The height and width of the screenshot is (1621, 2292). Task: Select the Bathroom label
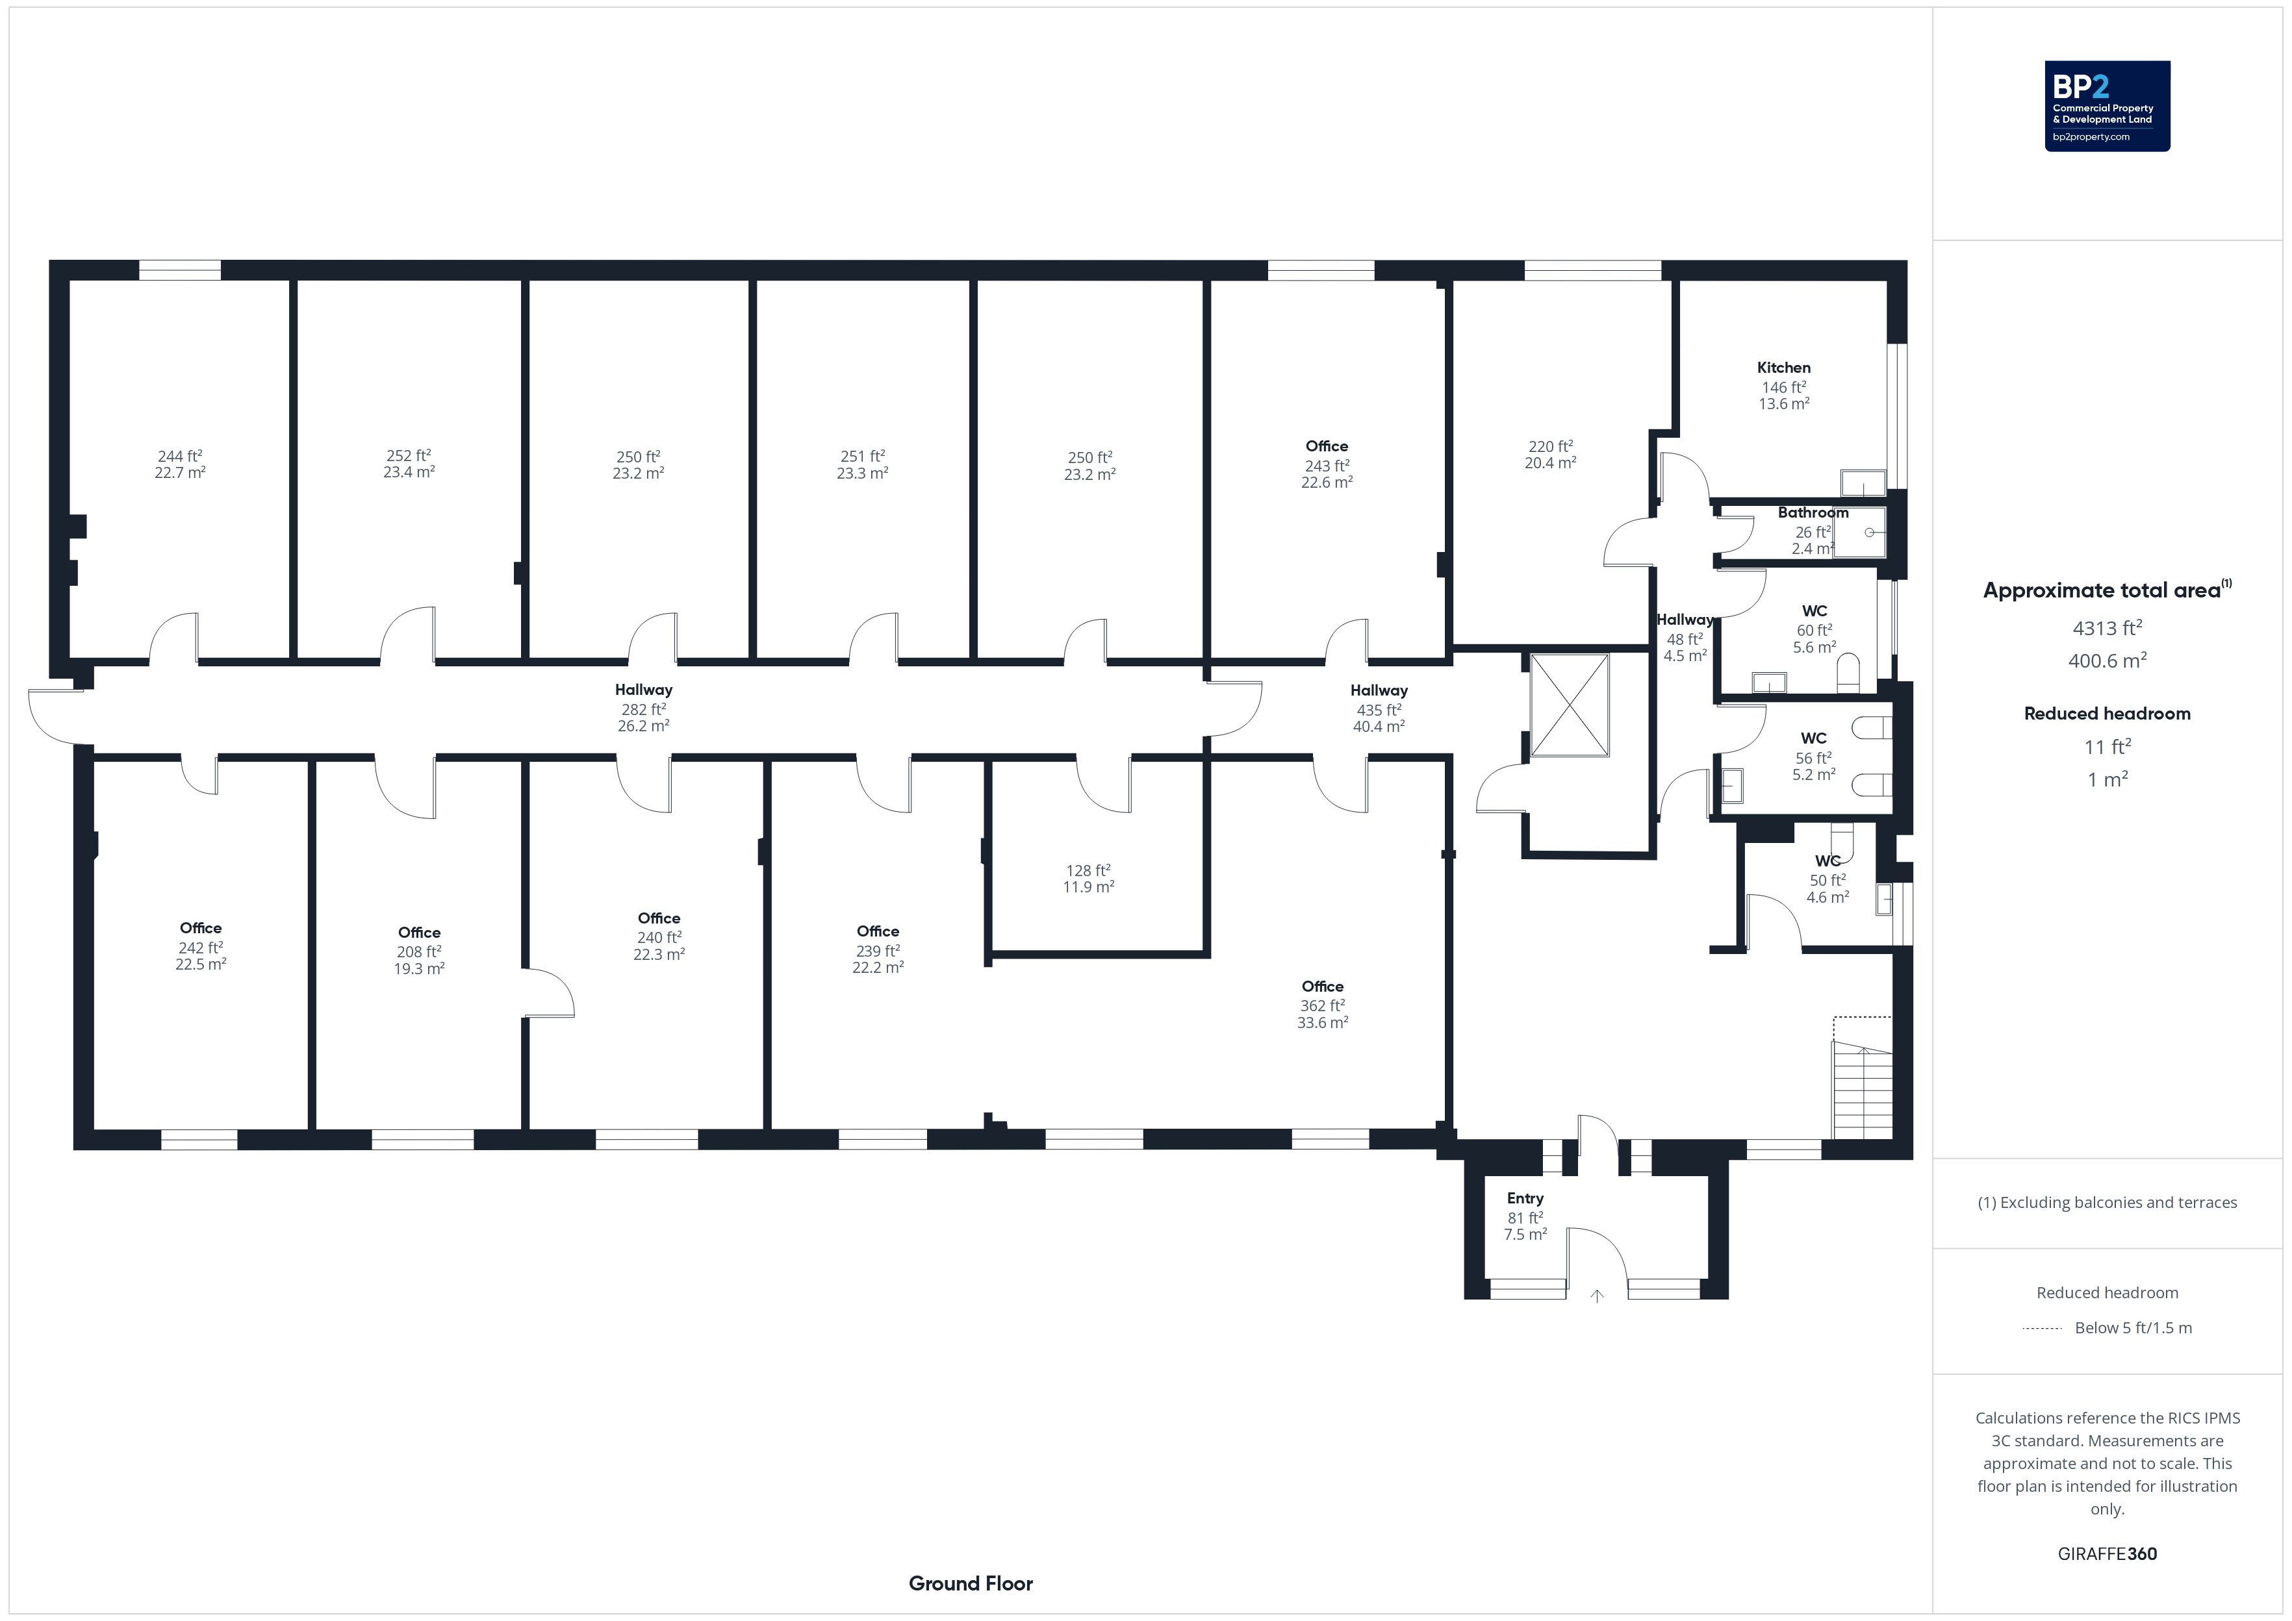point(1813,512)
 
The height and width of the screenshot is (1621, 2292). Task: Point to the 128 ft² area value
point(1088,870)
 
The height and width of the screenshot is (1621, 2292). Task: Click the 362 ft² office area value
point(1321,1005)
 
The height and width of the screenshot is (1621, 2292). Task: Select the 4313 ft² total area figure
point(2107,628)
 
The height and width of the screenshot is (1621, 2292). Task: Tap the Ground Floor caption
point(971,1583)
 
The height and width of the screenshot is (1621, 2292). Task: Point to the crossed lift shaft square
point(1570,705)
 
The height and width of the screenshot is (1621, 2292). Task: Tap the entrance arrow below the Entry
point(1598,1296)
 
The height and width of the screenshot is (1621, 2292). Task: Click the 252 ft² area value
point(408,455)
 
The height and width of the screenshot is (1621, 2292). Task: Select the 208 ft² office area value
point(418,951)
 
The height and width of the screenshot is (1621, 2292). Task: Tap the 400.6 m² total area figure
point(2107,660)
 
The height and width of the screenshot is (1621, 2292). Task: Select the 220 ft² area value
point(1550,446)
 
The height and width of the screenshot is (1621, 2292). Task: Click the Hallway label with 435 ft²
point(1379,690)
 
